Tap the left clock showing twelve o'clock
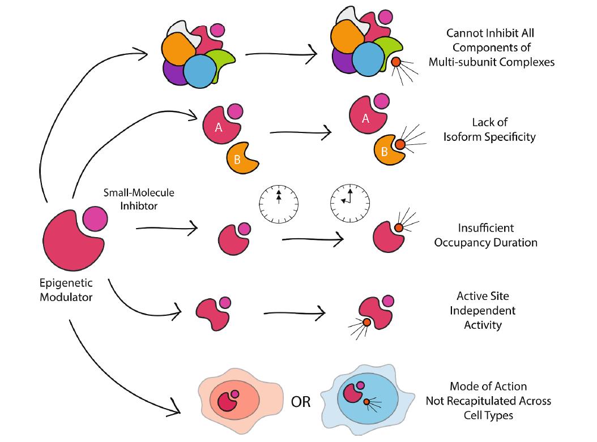(279, 201)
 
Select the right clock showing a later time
(349, 201)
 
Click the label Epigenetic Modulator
(66, 289)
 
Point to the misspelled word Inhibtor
(139, 205)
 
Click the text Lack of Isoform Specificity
(489, 130)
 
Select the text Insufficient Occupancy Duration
(485, 235)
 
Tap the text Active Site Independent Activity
(486, 311)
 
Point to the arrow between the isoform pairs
(301, 134)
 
